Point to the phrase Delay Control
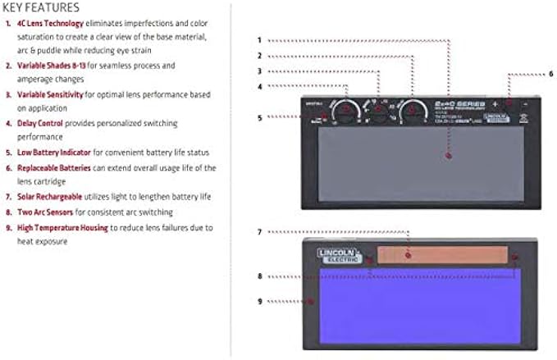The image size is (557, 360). click(x=42, y=123)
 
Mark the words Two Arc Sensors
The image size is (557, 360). click(x=45, y=212)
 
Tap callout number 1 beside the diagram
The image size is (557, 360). click(x=259, y=39)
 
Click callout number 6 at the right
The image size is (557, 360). click(x=550, y=74)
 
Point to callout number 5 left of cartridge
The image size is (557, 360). click(x=259, y=117)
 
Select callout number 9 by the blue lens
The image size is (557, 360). click(x=259, y=301)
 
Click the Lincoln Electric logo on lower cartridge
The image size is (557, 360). click(x=339, y=255)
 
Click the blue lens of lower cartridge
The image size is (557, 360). click(x=414, y=308)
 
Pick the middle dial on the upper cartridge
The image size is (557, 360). click(x=378, y=109)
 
